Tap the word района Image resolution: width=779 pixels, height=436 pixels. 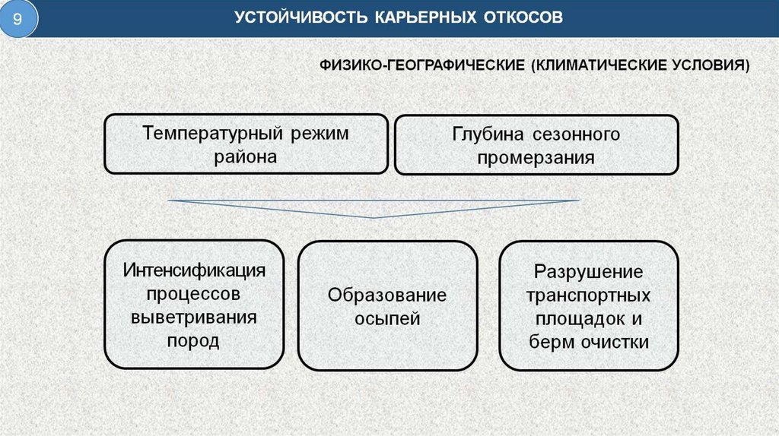tap(245, 157)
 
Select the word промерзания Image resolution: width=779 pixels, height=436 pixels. tap(536, 158)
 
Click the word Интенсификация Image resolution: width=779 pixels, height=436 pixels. tap(194, 270)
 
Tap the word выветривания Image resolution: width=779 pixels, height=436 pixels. tap(194, 317)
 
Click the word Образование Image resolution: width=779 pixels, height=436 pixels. tap(387, 295)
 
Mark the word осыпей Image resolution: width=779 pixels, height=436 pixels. tap(387, 318)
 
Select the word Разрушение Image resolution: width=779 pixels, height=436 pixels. tap(588, 271)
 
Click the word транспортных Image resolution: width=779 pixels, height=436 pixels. tap(588, 295)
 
